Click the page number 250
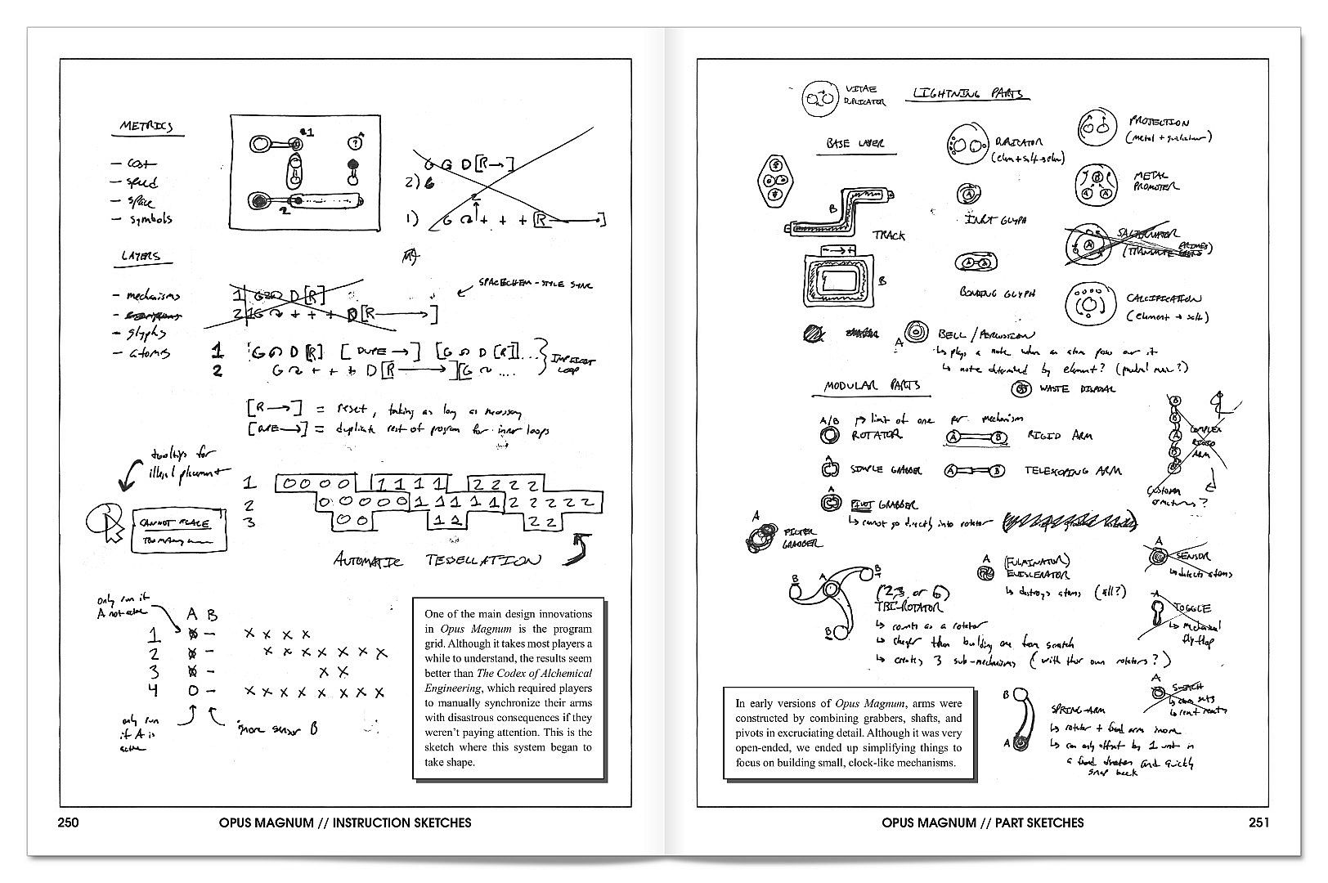pyautogui.click(x=68, y=822)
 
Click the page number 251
pyautogui.click(x=1259, y=822)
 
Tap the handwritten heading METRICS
pyautogui.click(x=146, y=127)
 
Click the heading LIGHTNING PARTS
pyautogui.click(x=968, y=94)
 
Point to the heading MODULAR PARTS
pyautogui.click(x=872, y=386)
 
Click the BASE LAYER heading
pyautogui.click(x=855, y=144)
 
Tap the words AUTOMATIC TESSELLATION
pyautogui.click(x=437, y=560)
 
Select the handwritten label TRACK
pyautogui.click(x=889, y=235)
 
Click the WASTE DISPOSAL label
pyautogui.click(x=1077, y=389)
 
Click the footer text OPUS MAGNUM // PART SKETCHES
pyautogui.click(x=983, y=822)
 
